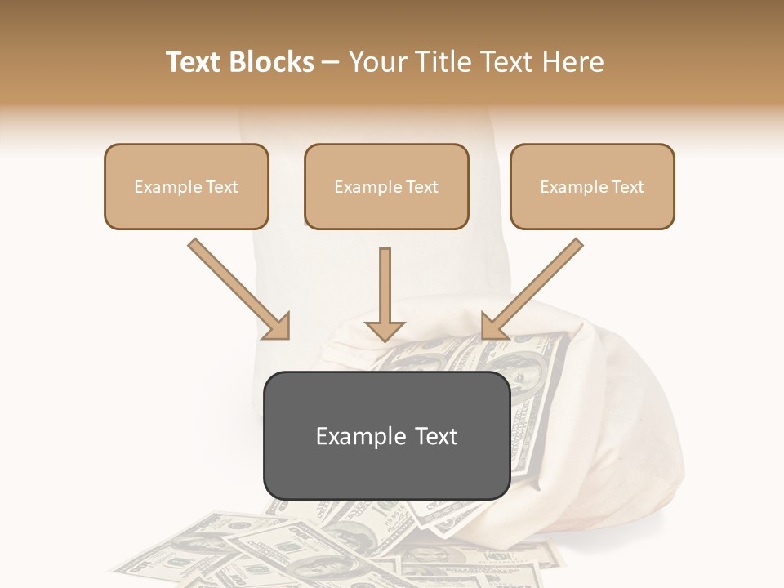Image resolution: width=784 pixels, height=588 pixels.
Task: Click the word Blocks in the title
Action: click(x=274, y=62)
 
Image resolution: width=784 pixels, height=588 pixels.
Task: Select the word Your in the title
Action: click(x=376, y=62)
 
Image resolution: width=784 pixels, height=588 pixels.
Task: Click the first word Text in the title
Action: click(x=196, y=62)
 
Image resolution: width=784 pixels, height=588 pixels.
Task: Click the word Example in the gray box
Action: click(x=351, y=436)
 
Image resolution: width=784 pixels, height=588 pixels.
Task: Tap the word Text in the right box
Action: click(x=627, y=187)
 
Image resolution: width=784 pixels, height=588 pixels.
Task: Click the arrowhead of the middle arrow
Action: click(x=385, y=330)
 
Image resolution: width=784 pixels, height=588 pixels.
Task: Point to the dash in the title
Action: click(x=331, y=63)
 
